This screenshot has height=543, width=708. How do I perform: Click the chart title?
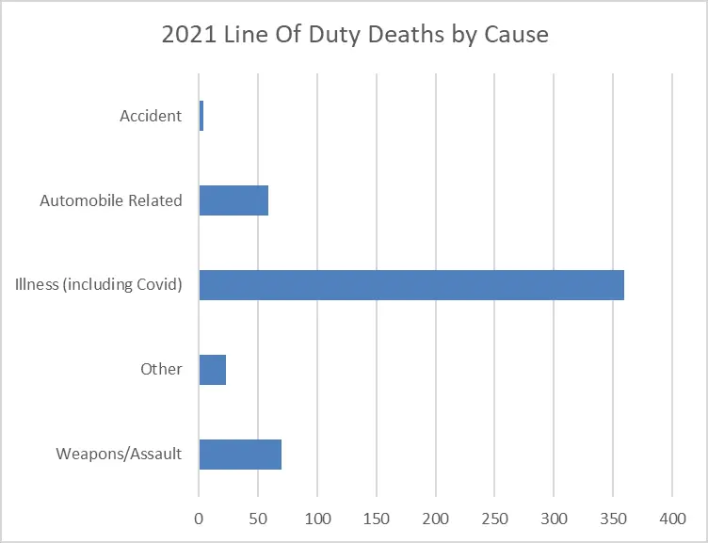point(355,36)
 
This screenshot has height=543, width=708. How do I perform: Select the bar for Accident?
point(201,117)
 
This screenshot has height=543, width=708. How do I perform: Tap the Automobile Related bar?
point(233,200)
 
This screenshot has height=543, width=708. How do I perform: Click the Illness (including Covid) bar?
point(411,284)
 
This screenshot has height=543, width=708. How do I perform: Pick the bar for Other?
point(213,369)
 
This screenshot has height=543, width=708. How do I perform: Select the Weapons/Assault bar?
point(240,454)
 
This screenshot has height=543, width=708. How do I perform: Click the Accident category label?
point(151,117)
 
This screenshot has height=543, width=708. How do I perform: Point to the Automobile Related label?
point(111,200)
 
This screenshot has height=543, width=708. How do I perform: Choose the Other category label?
point(161,369)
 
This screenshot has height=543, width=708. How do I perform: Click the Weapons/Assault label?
point(119,454)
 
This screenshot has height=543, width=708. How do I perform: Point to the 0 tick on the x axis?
point(199,518)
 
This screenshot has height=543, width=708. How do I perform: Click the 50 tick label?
point(258,518)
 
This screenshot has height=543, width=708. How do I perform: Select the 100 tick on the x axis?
point(317,518)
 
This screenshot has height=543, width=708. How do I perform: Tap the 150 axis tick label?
point(377,518)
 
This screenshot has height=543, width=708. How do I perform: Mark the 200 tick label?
point(436,518)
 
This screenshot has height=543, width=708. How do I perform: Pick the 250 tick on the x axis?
point(495,518)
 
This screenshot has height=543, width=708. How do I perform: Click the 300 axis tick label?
point(555,518)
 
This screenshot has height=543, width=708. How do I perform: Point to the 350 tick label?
point(614,518)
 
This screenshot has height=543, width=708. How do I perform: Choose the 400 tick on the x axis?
point(672,518)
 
